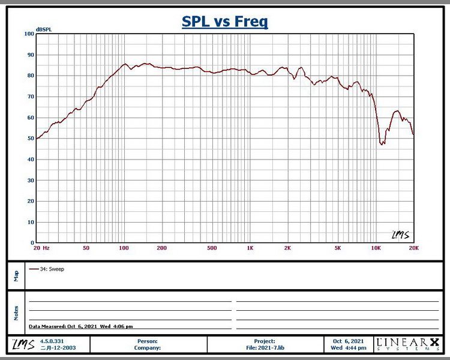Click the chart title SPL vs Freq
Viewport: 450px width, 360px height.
pos(225,22)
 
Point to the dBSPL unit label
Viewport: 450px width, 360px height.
pos(44,29)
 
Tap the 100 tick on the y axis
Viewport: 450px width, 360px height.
pos(29,34)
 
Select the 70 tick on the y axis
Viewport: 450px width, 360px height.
pos(30,97)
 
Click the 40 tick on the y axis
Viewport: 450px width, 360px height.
pos(30,160)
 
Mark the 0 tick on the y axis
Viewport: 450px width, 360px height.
pos(32,243)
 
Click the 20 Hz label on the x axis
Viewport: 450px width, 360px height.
pos(41,248)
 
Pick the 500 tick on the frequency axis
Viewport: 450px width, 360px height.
pos(212,248)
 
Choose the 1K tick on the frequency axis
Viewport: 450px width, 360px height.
pos(250,248)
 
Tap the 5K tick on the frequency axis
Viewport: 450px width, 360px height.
pos(338,248)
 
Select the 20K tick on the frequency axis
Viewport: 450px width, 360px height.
pos(413,248)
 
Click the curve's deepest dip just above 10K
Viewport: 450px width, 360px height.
pos(382,144)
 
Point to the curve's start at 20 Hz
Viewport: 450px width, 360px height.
pos(37,139)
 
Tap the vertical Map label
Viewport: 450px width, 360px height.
pos(16,275)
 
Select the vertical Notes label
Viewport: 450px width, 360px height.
pos(16,312)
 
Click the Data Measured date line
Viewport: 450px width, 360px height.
pos(81,326)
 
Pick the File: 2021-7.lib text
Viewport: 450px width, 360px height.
pos(264,347)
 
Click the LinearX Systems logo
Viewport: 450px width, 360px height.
pos(407,344)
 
